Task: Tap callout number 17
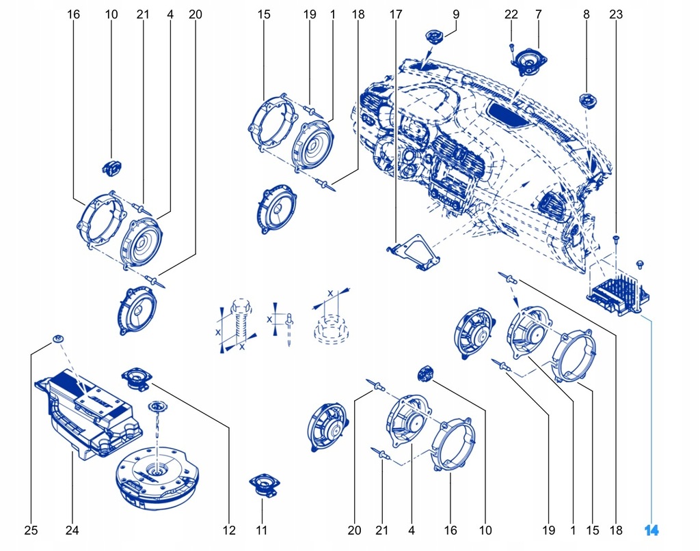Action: pos(396,14)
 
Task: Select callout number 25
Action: pos(31,530)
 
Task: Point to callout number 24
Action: pos(72,530)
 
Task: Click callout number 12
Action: pos(228,530)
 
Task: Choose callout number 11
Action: pos(262,530)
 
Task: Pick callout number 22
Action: pos(511,14)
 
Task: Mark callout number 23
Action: pos(616,14)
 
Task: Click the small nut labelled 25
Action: pos(58,339)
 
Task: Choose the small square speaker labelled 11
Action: pos(262,485)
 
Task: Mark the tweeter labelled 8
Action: pos(588,101)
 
